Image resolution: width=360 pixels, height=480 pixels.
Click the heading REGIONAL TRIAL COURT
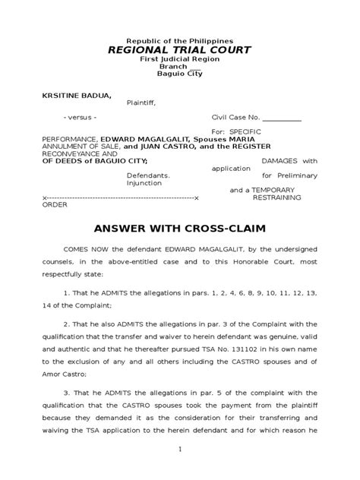[x=179, y=50]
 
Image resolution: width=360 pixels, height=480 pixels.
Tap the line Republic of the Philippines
[x=179, y=39]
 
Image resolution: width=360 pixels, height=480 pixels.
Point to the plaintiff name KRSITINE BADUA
[x=69, y=96]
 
